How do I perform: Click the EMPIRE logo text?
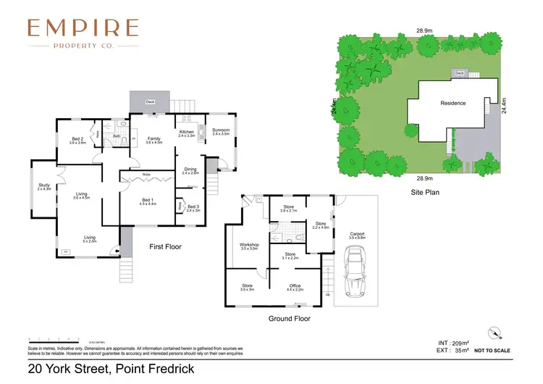(83, 28)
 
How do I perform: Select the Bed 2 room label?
(77, 141)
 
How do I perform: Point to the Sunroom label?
(220, 131)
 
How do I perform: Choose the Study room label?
(44, 187)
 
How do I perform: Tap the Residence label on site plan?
(453, 103)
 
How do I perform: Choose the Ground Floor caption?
(290, 318)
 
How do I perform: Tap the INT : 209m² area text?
(454, 342)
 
